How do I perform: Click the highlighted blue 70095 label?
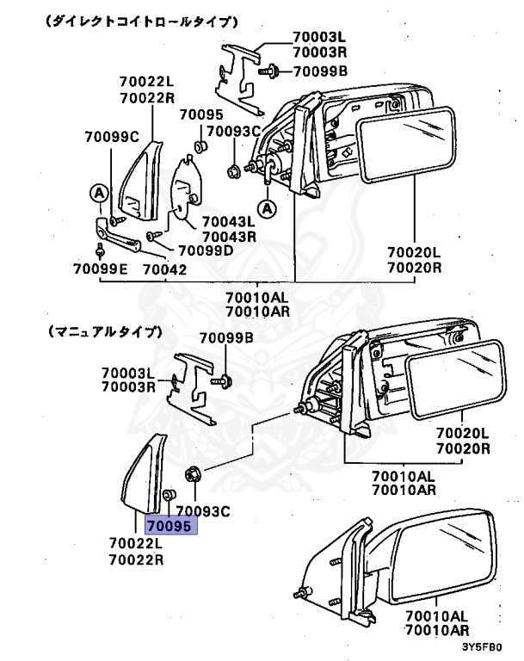click(x=171, y=523)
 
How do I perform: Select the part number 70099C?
click(x=111, y=136)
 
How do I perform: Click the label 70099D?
click(x=205, y=250)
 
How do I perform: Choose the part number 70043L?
click(x=229, y=221)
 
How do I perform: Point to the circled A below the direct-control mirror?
click(x=268, y=207)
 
